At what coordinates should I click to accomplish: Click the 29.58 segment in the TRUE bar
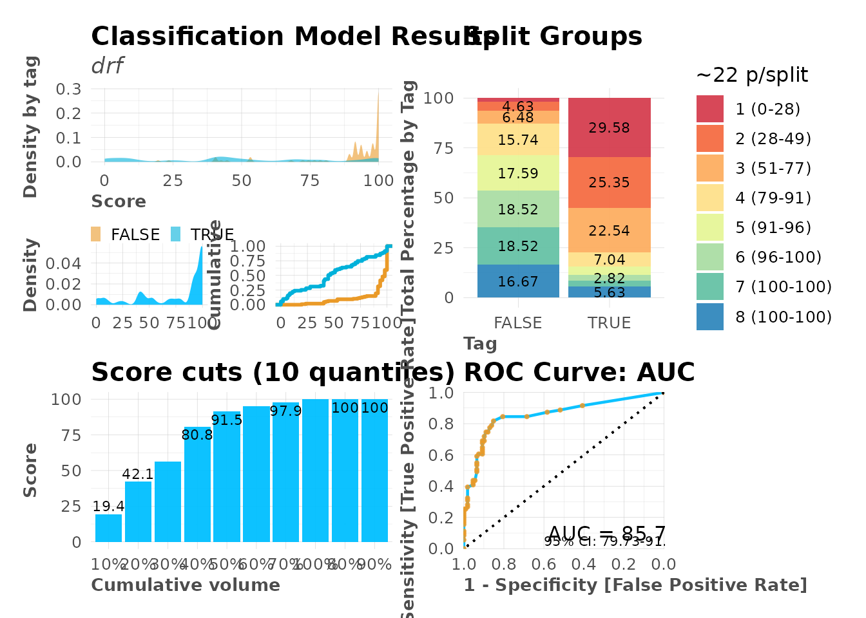pos(609,127)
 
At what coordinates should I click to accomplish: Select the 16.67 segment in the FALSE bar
pos(518,281)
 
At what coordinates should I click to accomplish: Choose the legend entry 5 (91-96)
pos(773,228)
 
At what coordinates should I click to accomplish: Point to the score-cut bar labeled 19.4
pos(108,528)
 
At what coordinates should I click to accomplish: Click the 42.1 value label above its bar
pos(138,474)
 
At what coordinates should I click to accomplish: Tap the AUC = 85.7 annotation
pos(606,534)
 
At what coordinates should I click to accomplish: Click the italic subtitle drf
pos(107,66)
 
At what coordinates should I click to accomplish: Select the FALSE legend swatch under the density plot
pos(96,234)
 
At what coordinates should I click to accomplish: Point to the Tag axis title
pos(480,344)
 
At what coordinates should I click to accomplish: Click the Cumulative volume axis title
pos(186,585)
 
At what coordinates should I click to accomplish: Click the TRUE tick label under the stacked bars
pos(609,323)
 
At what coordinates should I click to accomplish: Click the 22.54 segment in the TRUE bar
pos(609,230)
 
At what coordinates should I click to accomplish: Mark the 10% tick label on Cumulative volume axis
pos(107,565)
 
